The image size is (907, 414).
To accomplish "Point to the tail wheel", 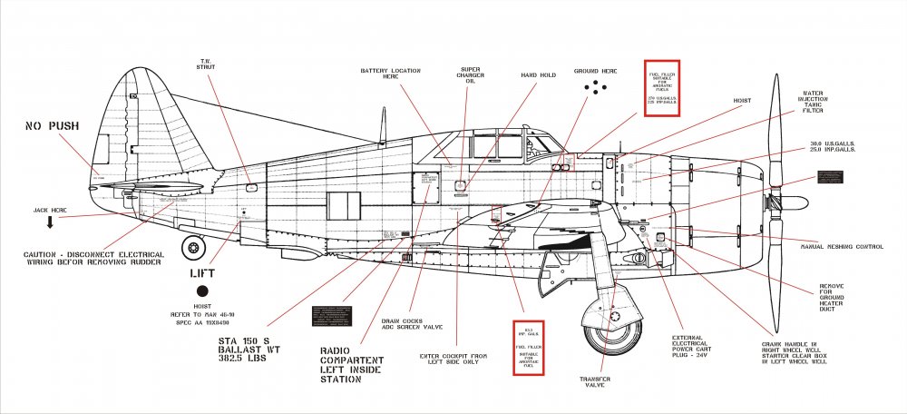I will coord(193,246).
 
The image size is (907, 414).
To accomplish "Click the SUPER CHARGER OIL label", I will coord(469,74).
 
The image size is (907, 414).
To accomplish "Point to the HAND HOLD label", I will coord(537,76).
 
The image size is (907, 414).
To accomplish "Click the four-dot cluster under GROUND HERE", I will coord(595,87).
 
